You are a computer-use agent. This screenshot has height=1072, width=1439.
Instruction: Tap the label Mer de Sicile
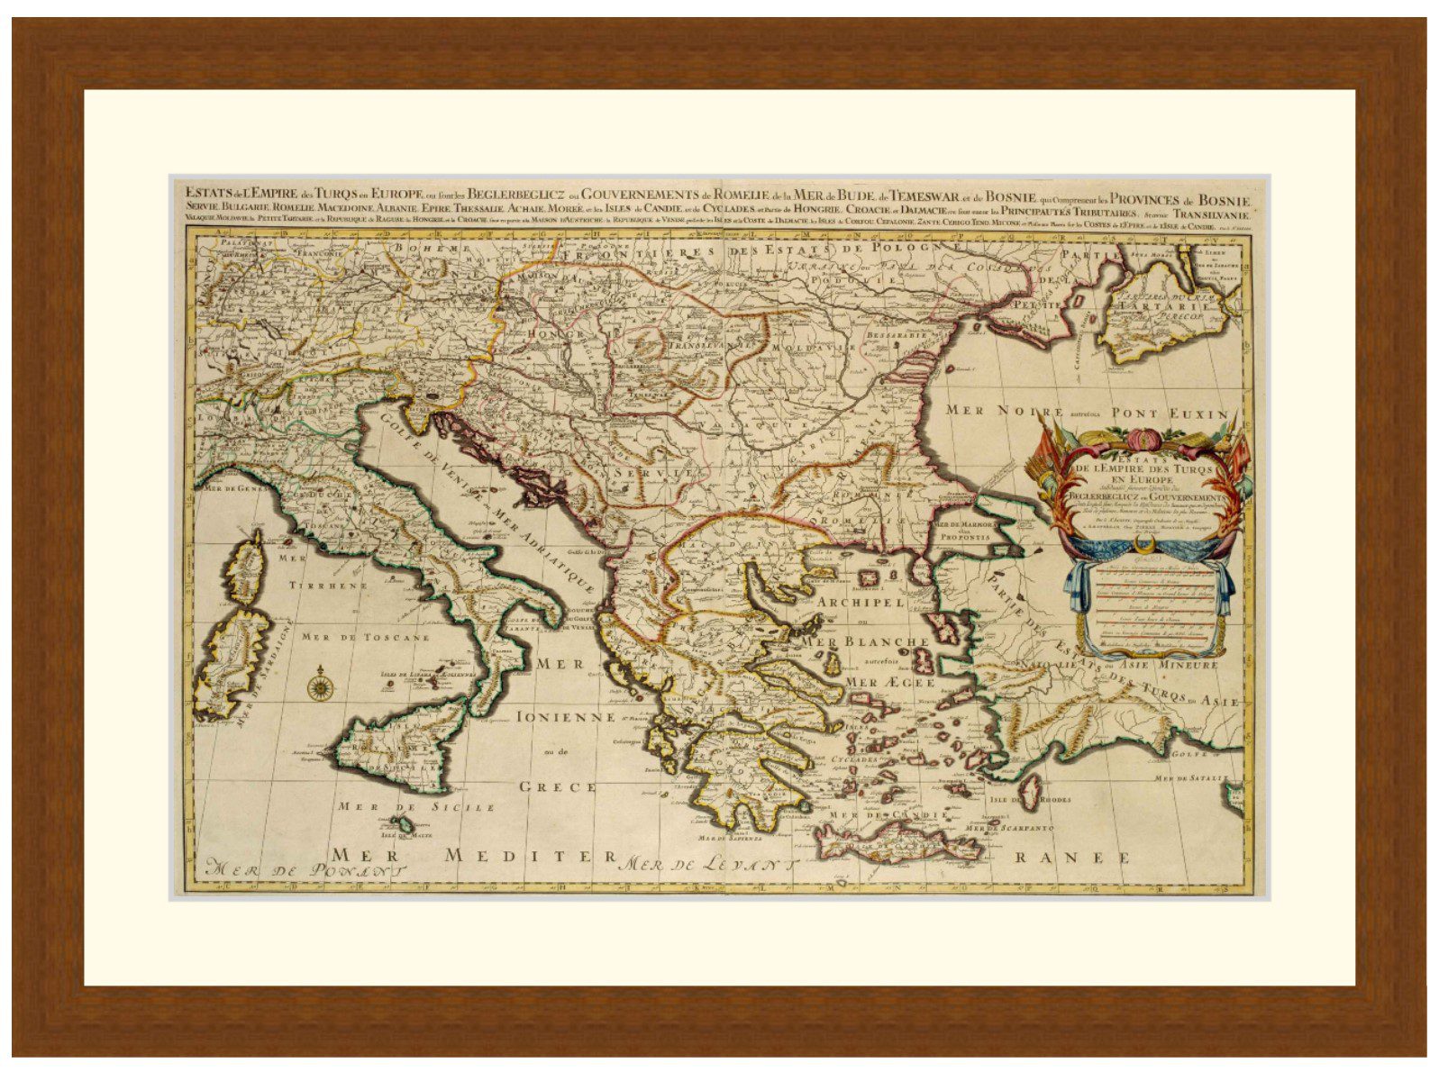416,807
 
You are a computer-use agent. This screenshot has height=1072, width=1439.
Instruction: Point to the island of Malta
406,824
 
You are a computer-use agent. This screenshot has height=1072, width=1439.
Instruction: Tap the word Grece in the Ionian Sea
558,786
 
